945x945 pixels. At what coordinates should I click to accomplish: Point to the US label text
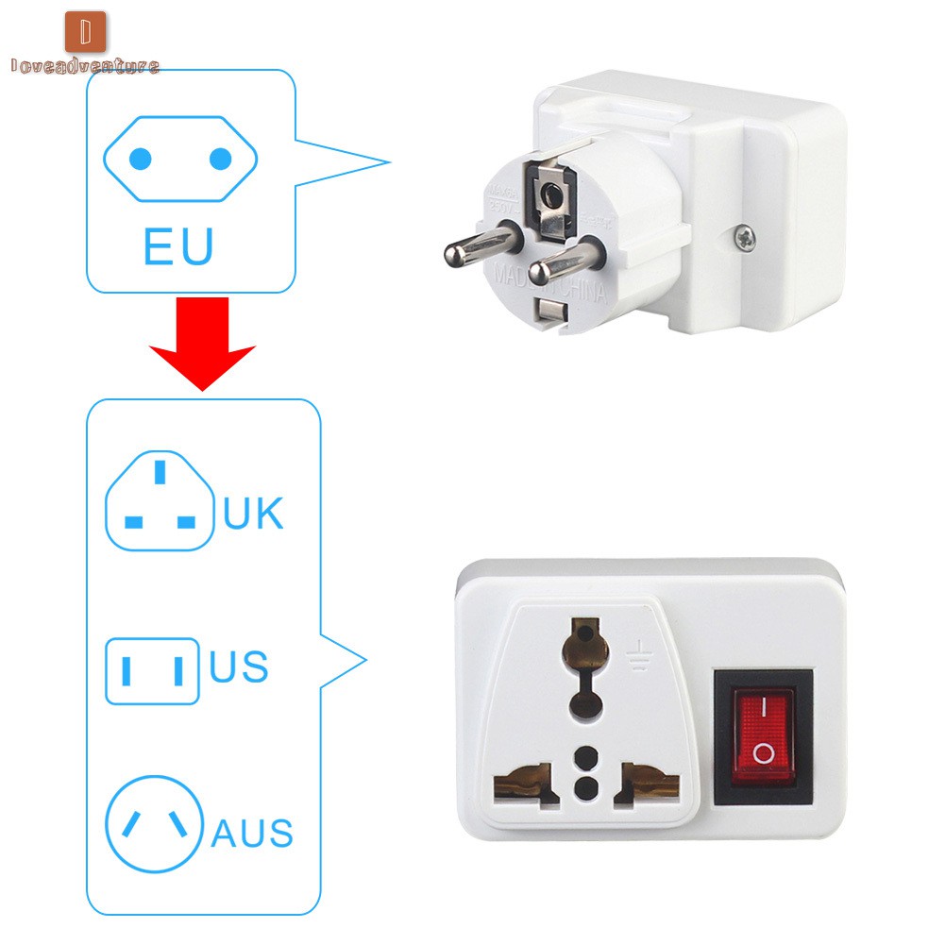(239, 666)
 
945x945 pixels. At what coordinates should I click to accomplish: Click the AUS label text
(251, 834)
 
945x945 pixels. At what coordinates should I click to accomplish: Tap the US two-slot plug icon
(152, 671)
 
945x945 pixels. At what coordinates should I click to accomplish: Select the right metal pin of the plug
(563, 262)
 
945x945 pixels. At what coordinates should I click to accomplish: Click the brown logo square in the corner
(85, 31)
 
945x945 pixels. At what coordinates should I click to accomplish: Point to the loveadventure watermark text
(85, 66)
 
